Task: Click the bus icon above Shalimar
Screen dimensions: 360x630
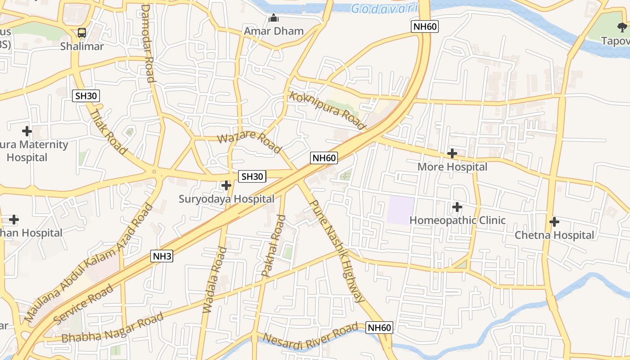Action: [x=81, y=33]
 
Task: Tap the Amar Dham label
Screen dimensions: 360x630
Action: [x=274, y=31]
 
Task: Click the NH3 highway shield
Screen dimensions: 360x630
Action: [x=162, y=256]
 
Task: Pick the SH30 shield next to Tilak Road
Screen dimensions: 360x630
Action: [x=86, y=96]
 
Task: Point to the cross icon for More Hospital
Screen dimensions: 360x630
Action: [x=452, y=154]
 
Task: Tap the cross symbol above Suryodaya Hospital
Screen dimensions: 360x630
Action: [x=226, y=185]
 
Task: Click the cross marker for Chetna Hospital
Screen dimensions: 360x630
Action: [x=554, y=222]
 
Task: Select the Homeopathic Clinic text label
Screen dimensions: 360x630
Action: [x=457, y=220]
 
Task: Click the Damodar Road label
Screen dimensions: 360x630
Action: [x=148, y=43]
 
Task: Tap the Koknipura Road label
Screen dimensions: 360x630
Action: [x=327, y=110]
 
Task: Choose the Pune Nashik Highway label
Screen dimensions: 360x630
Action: [x=337, y=250]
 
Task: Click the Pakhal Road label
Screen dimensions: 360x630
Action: [x=274, y=246]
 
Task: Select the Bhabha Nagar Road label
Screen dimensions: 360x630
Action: [x=112, y=327]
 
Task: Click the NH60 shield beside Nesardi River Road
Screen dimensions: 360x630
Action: [x=379, y=328]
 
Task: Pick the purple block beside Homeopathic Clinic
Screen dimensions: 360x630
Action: [x=400, y=210]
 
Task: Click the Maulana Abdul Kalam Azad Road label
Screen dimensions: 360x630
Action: [x=88, y=263]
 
